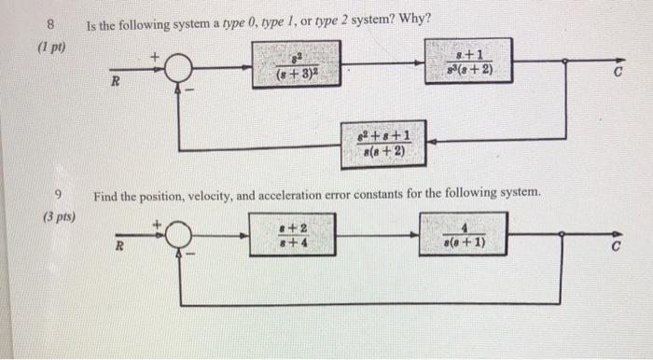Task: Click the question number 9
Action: click(x=58, y=195)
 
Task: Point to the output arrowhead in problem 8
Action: click(x=618, y=62)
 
